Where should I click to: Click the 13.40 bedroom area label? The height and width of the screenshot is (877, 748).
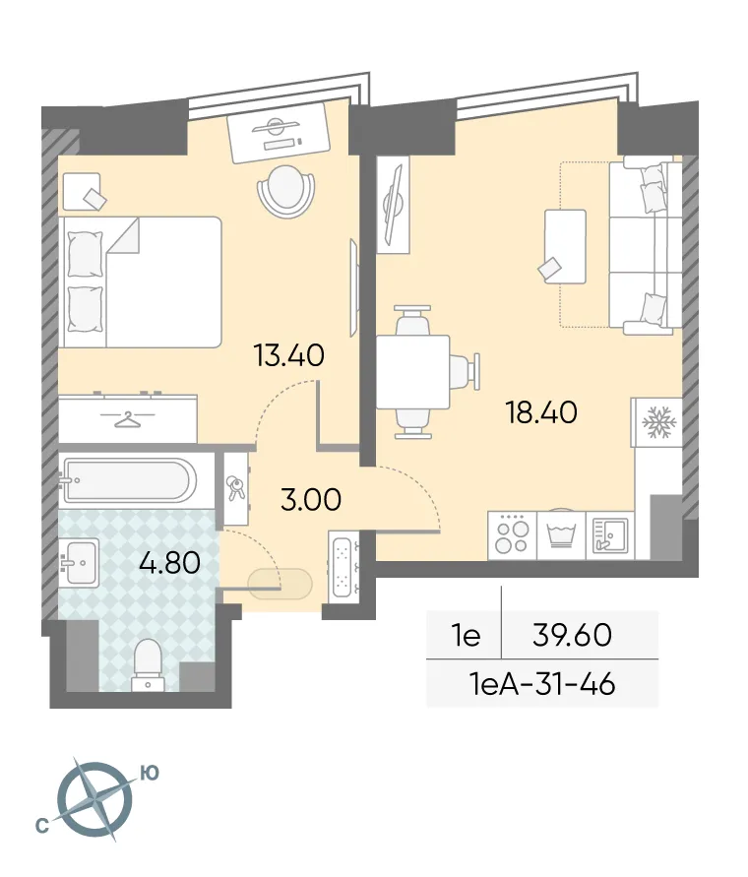click(288, 355)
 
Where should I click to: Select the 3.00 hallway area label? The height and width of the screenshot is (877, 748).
click(311, 500)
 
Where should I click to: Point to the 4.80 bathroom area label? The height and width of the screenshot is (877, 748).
click(170, 563)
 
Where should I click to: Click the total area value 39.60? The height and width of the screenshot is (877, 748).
click(572, 635)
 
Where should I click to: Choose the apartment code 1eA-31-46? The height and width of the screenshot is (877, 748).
click(542, 683)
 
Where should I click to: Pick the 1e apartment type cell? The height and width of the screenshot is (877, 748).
click(464, 636)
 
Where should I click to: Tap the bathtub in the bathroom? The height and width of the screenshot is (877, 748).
click(127, 481)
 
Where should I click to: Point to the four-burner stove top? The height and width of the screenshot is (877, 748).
click(512, 536)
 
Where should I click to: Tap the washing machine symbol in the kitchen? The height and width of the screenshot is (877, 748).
click(561, 536)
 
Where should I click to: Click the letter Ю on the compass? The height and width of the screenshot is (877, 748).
click(150, 774)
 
